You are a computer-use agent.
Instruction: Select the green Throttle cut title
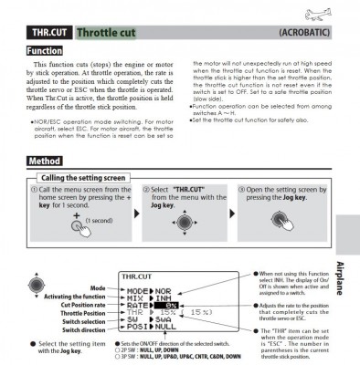109,34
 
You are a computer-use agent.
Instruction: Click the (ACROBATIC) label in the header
306,34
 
